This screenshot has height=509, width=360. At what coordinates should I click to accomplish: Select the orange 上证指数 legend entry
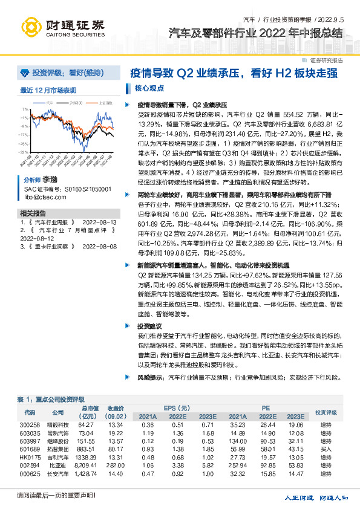(103, 102)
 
